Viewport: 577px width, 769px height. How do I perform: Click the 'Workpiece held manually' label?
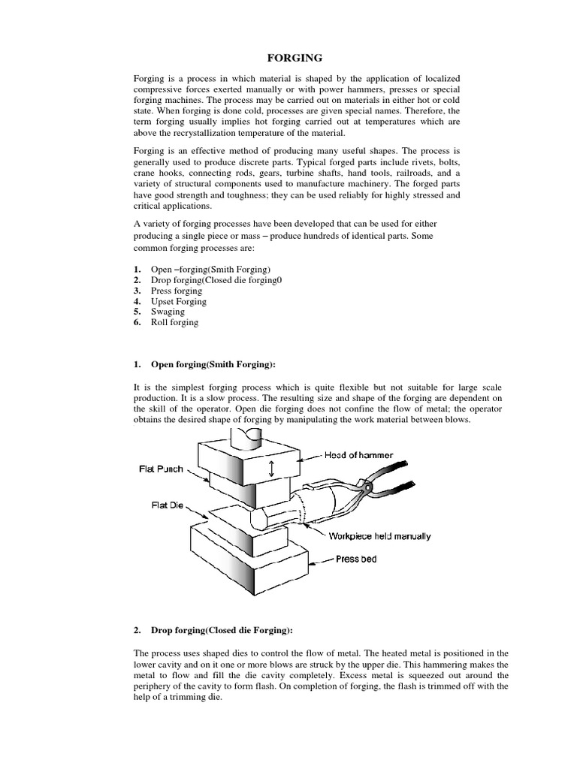click(x=379, y=535)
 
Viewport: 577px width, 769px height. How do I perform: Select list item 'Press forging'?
click(x=177, y=291)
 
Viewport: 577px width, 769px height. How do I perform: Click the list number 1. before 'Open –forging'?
click(x=137, y=269)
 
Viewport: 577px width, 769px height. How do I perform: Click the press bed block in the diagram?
click(x=248, y=556)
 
